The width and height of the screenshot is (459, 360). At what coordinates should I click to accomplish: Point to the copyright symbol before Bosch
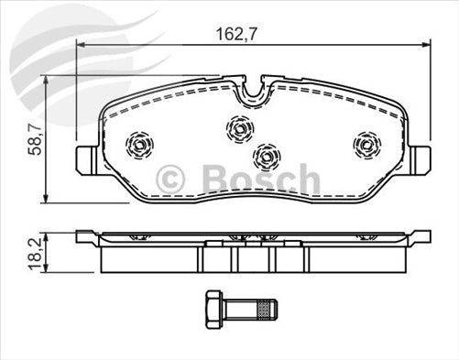[x=172, y=180]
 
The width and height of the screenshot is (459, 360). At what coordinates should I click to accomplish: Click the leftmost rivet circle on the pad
[x=140, y=144]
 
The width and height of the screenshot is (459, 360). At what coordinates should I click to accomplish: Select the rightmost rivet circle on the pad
[x=366, y=143]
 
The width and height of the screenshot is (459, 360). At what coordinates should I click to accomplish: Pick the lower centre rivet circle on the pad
[x=266, y=157]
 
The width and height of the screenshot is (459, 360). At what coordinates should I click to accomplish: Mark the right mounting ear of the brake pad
[x=421, y=158]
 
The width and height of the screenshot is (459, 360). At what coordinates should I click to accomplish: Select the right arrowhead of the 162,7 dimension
[x=424, y=45]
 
